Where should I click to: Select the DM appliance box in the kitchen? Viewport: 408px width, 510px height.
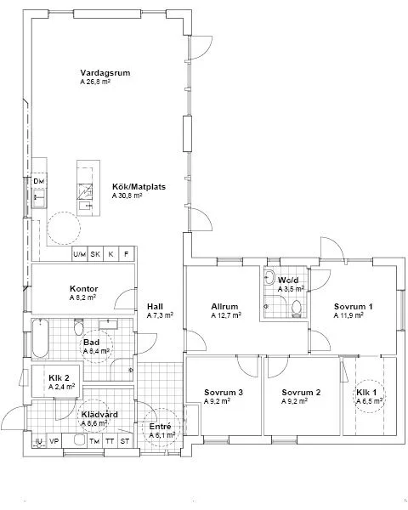coord(39,182)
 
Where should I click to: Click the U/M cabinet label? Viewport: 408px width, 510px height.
coord(79,254)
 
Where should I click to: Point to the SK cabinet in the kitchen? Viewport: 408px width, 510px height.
coord(95,254)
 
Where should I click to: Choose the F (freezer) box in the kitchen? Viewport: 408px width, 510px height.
coord(127,254)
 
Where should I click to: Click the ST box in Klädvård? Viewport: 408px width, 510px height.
coord(125,441)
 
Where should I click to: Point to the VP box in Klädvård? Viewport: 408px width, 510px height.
coord(54,441)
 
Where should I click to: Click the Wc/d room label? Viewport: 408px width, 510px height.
coord(289,278)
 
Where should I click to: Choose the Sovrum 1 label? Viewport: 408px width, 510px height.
coord(353,306)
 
